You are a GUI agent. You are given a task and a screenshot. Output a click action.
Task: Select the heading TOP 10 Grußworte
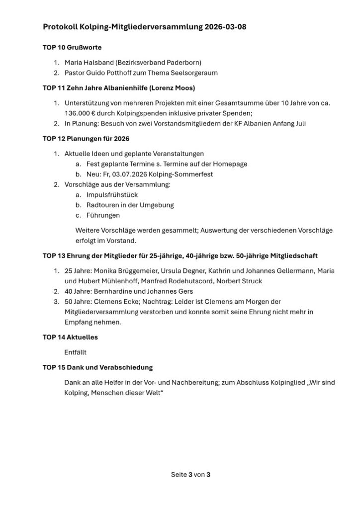72,48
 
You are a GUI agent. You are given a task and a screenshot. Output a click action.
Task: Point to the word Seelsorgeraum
194,73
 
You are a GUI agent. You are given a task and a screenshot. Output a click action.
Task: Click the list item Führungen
103,215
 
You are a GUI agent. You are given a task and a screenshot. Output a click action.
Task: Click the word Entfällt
76,352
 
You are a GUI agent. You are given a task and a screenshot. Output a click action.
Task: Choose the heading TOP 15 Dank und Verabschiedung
97,367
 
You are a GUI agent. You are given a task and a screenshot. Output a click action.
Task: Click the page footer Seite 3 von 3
191,475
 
